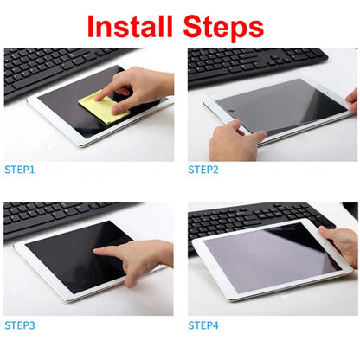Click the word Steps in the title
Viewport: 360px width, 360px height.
(224, 27)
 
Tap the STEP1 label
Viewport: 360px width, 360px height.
(20, 170)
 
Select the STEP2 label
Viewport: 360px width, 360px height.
(203, 170)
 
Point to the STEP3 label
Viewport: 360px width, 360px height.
(20, 325)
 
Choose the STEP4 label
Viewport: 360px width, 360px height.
(203, 325)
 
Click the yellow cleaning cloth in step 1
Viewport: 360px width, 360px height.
(101, 109)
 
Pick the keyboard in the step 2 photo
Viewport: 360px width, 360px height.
(251, 62)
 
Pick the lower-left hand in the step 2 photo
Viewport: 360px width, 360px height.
(232, 142)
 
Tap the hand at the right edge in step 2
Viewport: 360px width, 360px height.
(352, 100)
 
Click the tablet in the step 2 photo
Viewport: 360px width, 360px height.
(277, 108)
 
